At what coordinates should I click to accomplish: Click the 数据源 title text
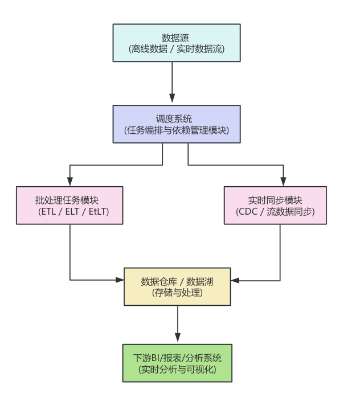[x=176, y=38]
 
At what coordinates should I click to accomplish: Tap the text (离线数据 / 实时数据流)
[x=176, y=49]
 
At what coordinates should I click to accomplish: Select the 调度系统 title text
[x=176, y=119]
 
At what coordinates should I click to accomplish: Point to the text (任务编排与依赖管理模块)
[x=176, y=130]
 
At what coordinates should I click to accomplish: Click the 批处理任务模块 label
[x=69, y=200]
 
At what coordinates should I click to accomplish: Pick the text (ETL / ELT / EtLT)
[x=69, y=211]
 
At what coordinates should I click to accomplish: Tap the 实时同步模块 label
[x=275, y=200]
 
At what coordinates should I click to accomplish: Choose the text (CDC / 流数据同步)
[x=275, y=211]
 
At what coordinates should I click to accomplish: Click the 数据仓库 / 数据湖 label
[x=177, y=281]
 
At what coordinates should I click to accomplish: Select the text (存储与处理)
[x=177, y=293]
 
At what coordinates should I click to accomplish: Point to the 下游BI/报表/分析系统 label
[x=177, y=358]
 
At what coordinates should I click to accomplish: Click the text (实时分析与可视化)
[x=177, y=369]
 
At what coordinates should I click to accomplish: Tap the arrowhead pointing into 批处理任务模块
[x=70, y=182]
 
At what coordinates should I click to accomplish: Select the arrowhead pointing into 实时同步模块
[x=283, y=182]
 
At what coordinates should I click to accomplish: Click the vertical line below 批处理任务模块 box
[x=70, y=251]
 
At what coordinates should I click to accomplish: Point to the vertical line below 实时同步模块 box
[x=280, y=251]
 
